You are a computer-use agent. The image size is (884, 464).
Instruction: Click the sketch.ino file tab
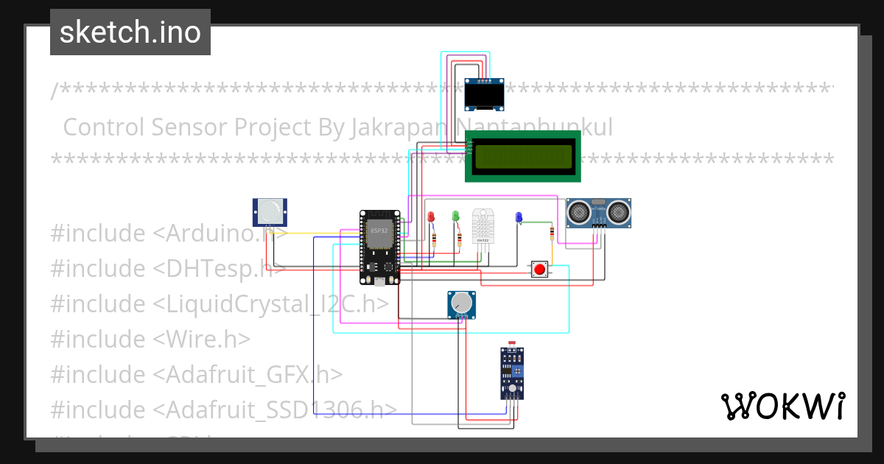130,32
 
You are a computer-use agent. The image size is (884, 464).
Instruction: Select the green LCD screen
523,156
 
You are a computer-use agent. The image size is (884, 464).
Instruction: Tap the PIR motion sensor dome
270,211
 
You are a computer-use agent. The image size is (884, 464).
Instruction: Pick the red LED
431,217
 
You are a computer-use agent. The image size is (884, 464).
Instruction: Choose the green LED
455,216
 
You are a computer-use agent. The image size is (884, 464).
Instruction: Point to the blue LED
519,217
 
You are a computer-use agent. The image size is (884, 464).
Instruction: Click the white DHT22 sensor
484,225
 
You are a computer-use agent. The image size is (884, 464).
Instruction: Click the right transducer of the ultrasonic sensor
617,213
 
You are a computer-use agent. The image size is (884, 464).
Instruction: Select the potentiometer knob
461,303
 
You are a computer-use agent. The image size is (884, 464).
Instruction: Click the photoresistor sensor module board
512,373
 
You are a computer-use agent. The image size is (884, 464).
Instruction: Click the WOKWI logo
782,406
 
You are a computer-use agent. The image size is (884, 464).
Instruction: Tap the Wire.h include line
150,339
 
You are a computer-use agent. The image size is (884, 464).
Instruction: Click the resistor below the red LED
435,239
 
